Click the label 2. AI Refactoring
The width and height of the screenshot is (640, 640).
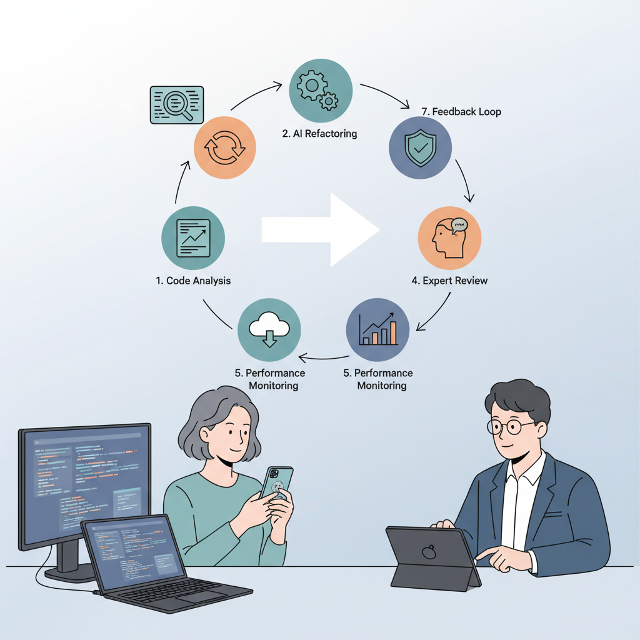(x=319, y=134)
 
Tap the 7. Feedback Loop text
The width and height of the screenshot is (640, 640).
(x=461, y=111)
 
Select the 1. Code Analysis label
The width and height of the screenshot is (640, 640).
(x=193, y=281)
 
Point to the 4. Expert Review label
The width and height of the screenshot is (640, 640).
(x=449, y=281)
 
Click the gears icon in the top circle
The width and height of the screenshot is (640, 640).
(x=317, y=90)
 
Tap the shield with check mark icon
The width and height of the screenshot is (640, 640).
(x=421, y=147)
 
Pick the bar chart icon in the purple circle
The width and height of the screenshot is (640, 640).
(x=378, y=329)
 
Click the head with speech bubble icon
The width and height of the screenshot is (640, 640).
(x=450, y=237)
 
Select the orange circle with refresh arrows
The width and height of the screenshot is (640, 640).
(x=225, y=147)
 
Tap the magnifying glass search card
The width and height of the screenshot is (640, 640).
(x=177, y=105)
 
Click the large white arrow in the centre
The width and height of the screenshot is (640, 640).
(x=321, y=230)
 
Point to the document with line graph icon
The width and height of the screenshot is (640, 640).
(x=194, y=238)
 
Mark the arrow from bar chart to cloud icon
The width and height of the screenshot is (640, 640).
(x=324, y=358)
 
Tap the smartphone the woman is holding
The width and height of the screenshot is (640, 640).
(x=277, y=483)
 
